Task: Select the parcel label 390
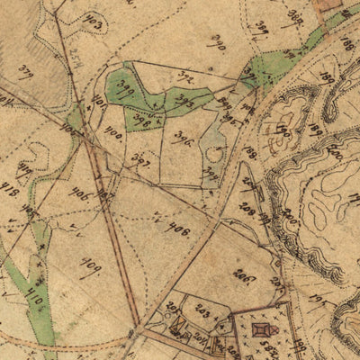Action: [216, 42]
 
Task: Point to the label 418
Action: [13, 192]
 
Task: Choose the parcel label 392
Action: [186, 76]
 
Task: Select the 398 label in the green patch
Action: [141, 116]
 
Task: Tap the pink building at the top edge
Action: [329, 5]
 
